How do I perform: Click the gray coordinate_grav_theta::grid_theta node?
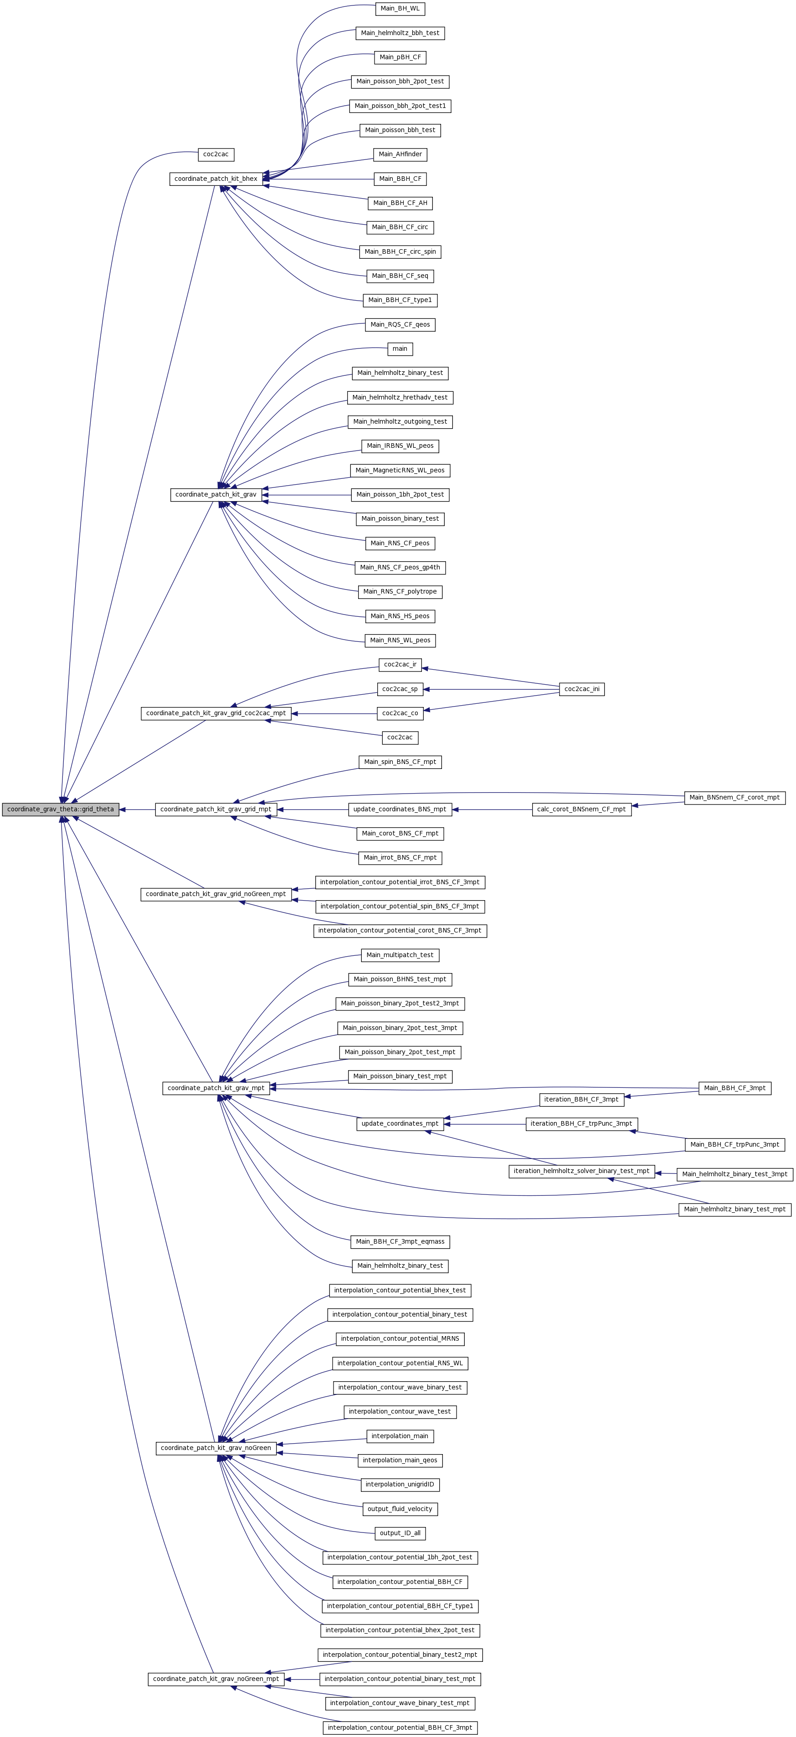61,809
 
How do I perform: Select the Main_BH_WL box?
400,9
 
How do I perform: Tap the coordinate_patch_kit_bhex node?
216,179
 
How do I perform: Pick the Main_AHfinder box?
400,154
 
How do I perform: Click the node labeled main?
400,348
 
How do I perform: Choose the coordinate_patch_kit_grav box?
216,494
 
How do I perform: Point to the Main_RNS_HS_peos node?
400,615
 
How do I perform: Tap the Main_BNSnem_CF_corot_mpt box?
734,797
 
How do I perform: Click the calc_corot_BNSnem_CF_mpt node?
581,809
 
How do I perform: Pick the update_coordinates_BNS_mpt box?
400,809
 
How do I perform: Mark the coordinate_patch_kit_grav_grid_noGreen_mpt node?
216,894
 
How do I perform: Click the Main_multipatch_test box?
400,955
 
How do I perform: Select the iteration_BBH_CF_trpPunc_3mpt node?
581,1123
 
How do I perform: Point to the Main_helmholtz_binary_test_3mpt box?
734,1174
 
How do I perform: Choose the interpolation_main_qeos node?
400,1460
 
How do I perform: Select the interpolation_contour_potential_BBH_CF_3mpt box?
400,1727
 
